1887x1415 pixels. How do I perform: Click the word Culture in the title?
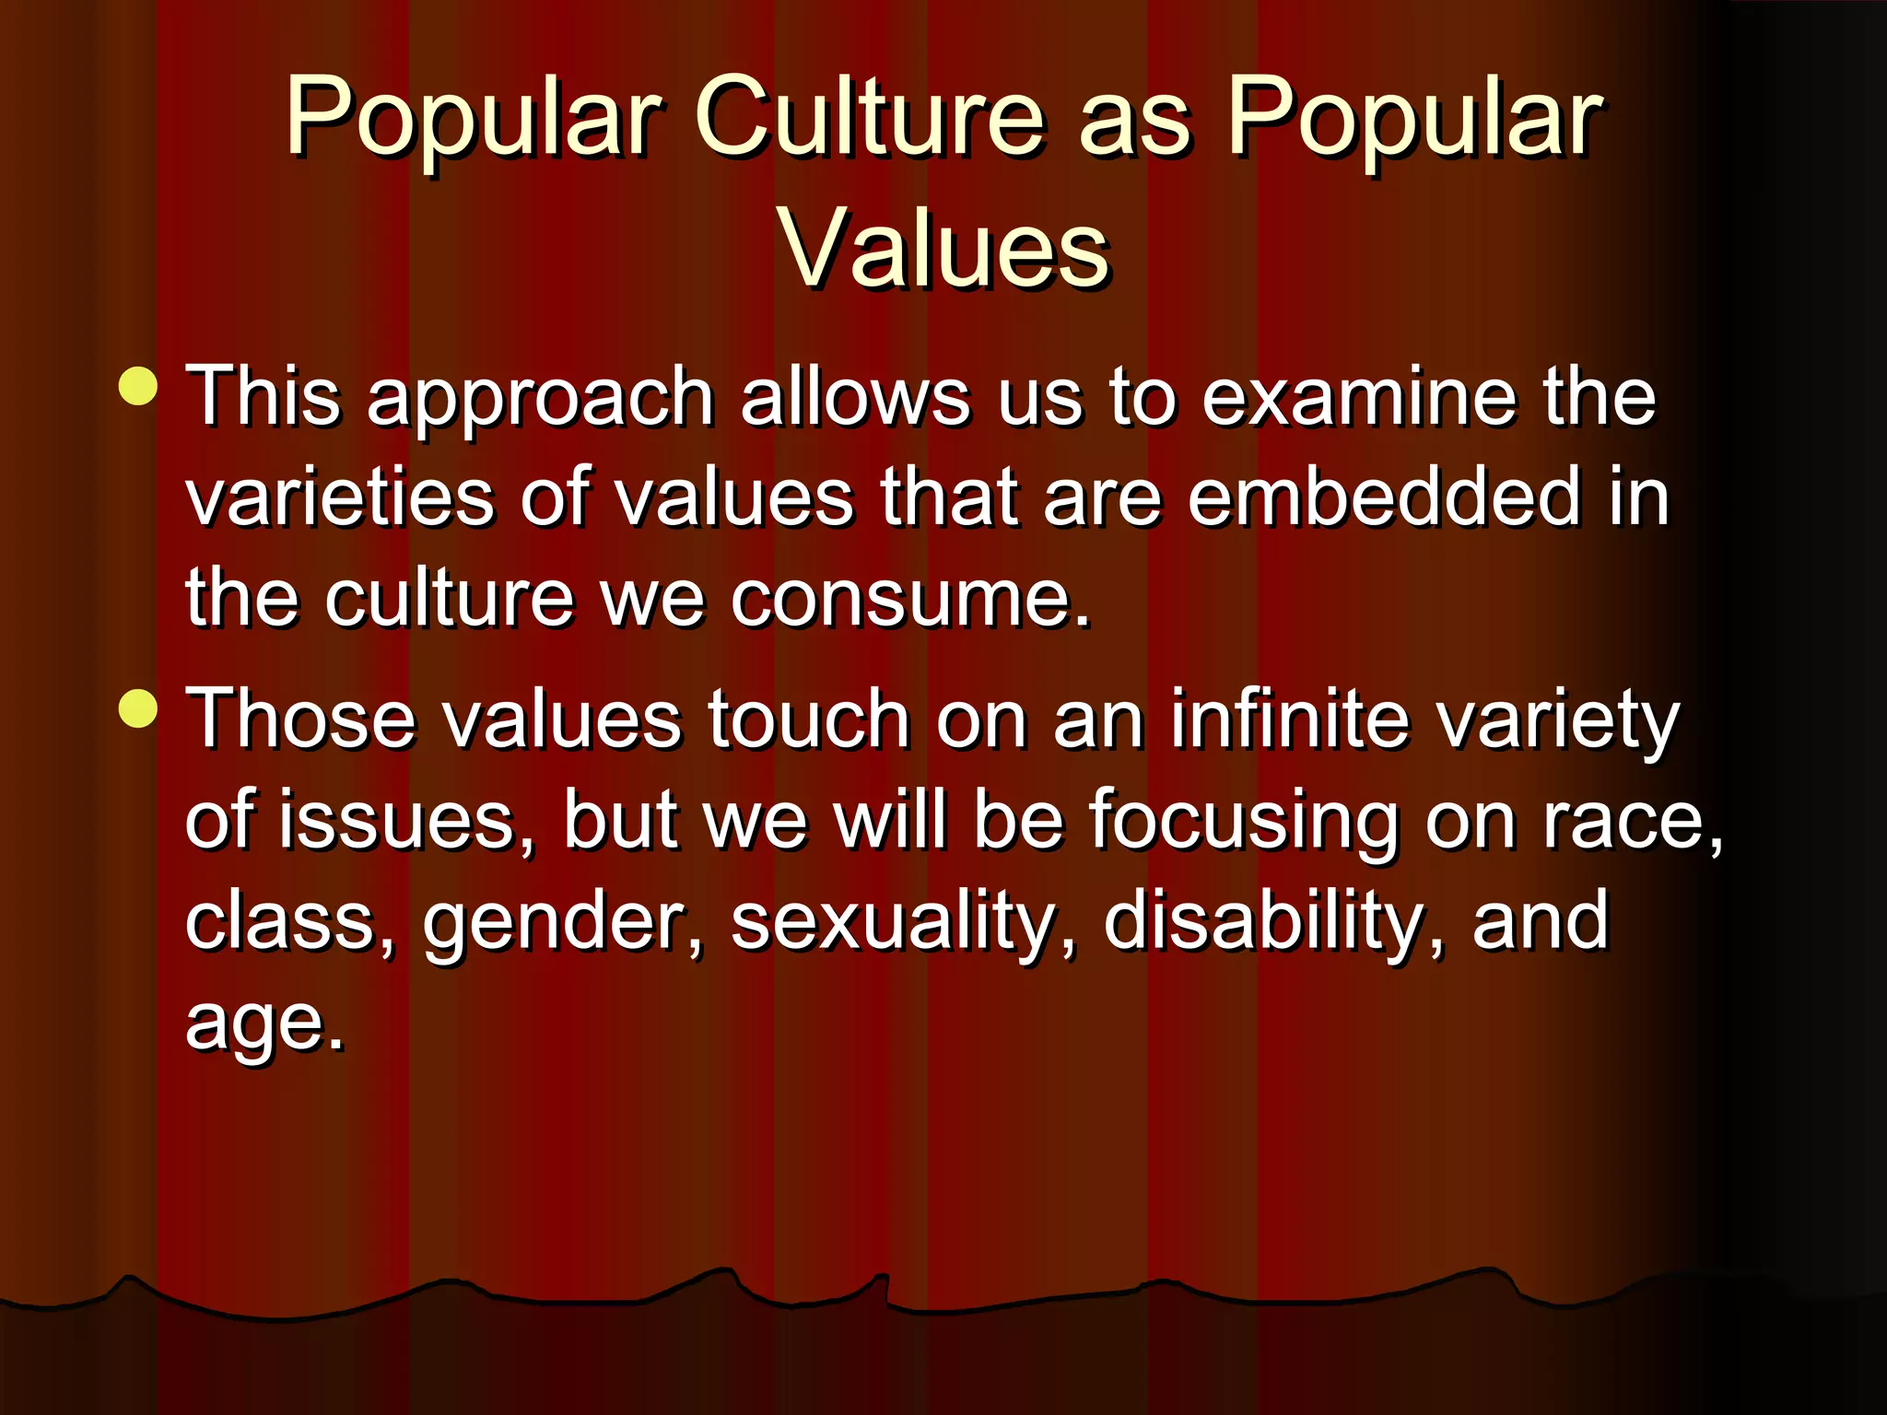point(870,118)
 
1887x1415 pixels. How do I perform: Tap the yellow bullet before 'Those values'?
point(139,708)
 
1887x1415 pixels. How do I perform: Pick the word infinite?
point(1289,719)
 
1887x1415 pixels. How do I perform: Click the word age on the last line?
point(262,1024)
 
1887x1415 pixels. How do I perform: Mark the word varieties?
point(339,497)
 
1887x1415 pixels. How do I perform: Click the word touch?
point(809,719)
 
